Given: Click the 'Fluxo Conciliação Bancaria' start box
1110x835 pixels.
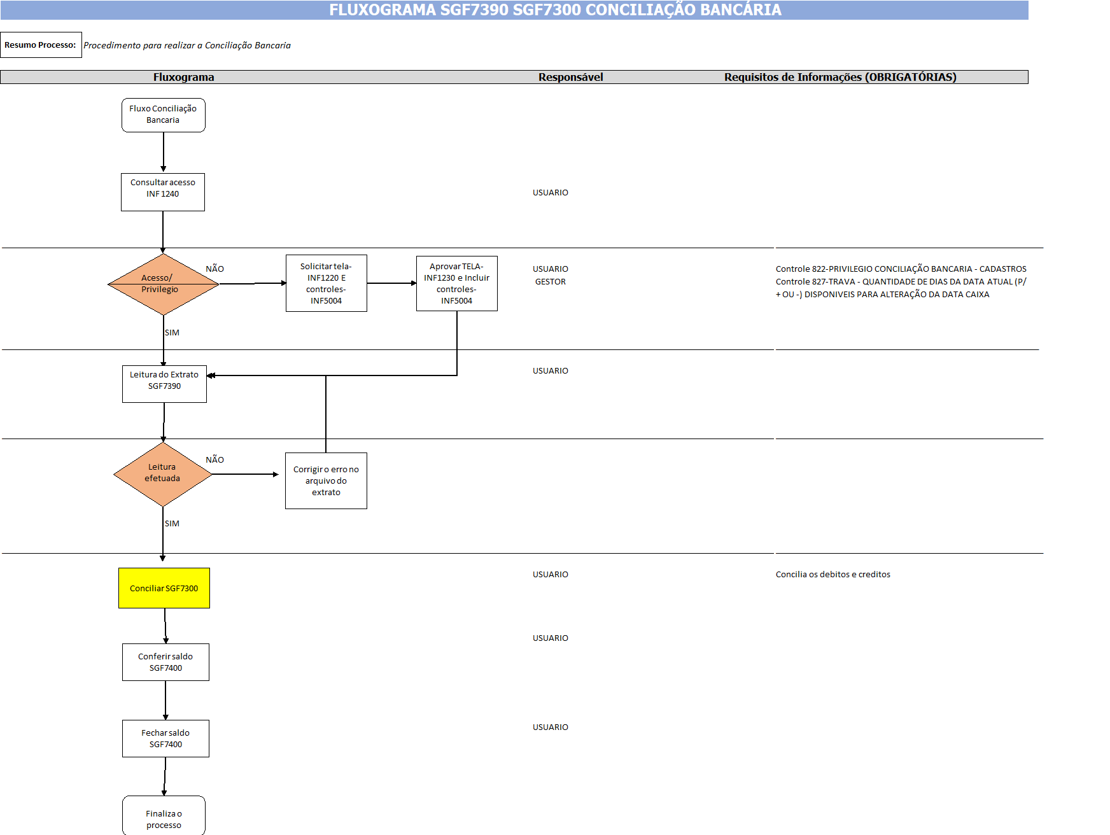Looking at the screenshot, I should [163, 115].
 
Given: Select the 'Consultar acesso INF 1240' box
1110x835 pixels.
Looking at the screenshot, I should [163, 192].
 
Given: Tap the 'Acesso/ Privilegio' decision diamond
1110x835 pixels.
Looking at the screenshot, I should [163, 284].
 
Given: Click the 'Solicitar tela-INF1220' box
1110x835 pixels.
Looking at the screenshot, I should [326, 283].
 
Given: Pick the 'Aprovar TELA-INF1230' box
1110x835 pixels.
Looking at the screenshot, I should [456, 283].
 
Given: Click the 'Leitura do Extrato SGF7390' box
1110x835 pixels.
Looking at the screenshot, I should [164, 384].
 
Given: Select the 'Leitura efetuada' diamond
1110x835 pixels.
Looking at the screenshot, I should [162, 474].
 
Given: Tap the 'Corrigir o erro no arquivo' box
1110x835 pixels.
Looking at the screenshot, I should [326, 481].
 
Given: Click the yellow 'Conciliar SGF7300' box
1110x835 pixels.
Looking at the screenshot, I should [164, 588].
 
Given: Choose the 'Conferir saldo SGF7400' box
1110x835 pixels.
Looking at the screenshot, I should [165, 662].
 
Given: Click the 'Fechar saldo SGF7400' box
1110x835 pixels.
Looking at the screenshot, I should [165, 738].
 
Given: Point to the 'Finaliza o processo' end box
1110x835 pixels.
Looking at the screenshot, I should [164, 816].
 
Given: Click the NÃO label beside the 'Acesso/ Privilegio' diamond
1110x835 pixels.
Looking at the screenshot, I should [214, 269].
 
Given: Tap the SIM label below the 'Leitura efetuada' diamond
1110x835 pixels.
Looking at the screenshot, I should [172, 523].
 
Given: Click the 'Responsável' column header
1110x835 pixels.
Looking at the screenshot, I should [570, 77].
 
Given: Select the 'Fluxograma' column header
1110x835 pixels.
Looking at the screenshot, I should [183, 77].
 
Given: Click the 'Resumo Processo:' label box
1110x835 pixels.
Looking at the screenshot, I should [41, 45].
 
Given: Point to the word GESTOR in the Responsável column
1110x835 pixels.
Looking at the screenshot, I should [550, 281].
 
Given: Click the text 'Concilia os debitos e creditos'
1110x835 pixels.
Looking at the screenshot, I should [832, 574].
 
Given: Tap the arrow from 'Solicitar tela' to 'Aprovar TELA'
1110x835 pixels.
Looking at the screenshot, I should [391, 283].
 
